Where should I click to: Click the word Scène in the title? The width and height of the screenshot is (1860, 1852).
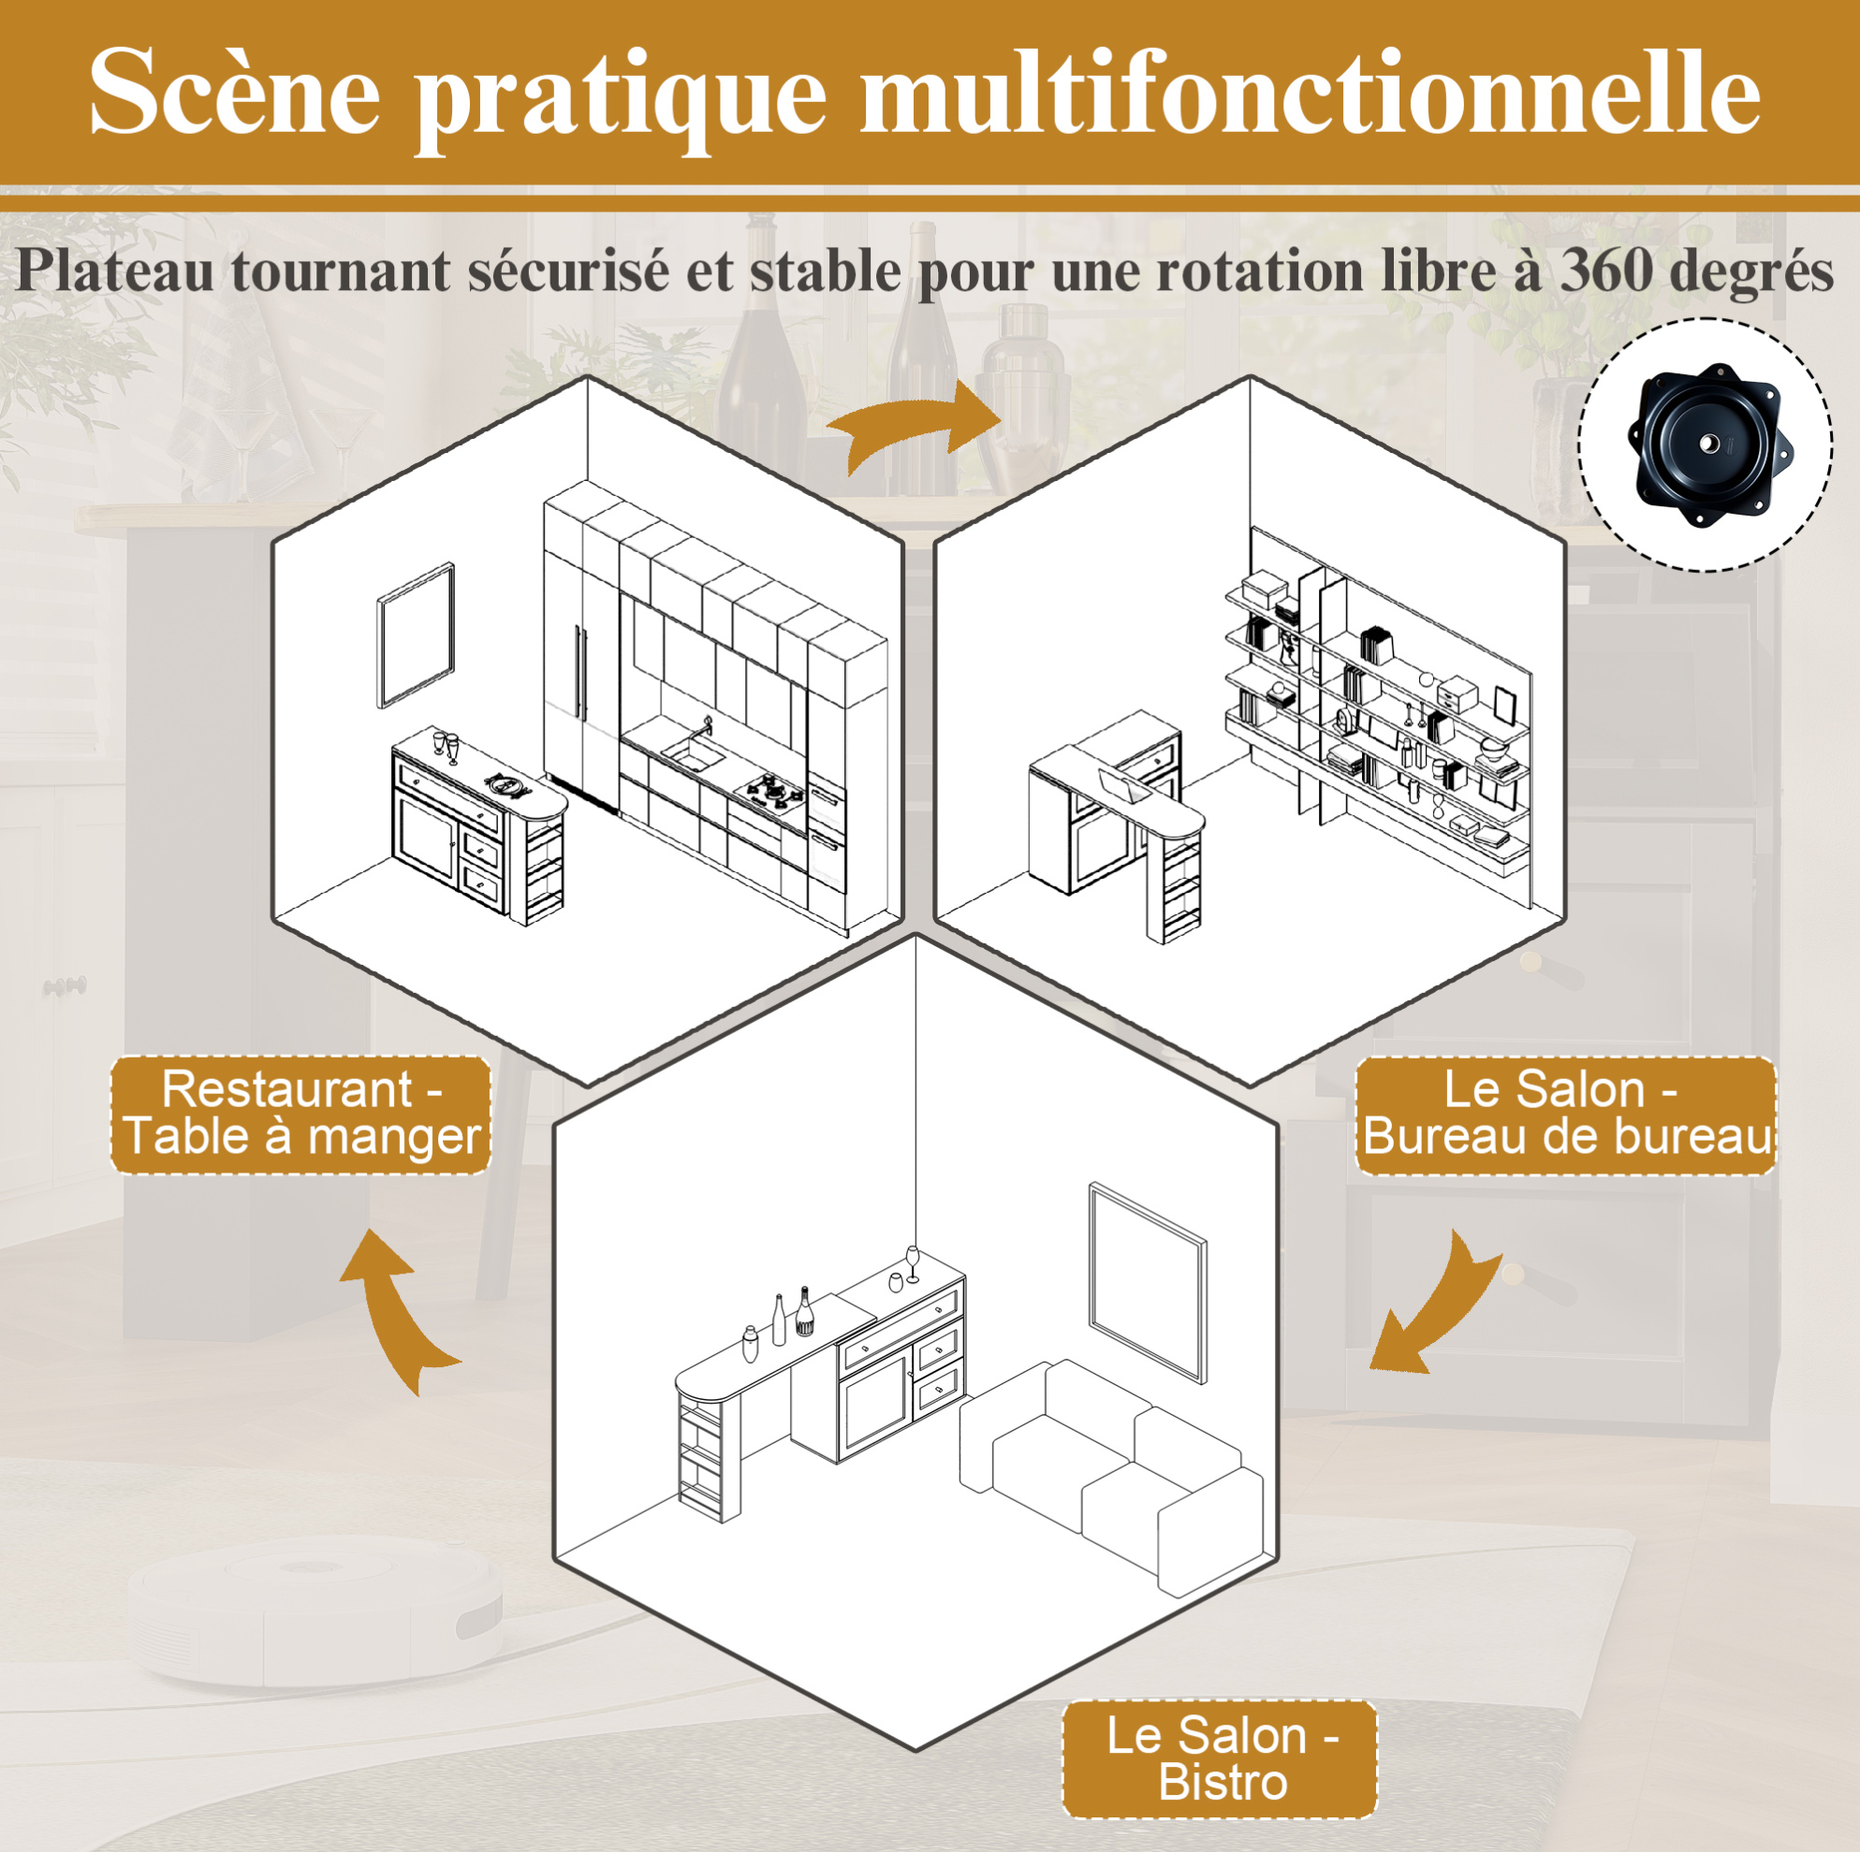[235, 93]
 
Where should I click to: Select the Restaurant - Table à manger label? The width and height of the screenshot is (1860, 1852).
[300, 1114]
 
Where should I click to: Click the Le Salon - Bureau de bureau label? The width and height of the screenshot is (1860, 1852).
[1565, 1115]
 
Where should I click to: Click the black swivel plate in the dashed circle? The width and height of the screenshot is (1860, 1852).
[1710, 444]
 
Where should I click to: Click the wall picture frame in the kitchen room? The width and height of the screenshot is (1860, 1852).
[416, 634]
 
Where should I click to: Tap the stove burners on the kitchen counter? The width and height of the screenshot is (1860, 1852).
[769, 790]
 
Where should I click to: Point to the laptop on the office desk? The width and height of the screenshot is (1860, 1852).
[1123, 784]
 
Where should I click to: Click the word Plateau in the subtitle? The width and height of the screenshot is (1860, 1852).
[114, 270]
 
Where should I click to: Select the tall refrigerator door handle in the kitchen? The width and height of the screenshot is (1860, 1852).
[579, 671]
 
